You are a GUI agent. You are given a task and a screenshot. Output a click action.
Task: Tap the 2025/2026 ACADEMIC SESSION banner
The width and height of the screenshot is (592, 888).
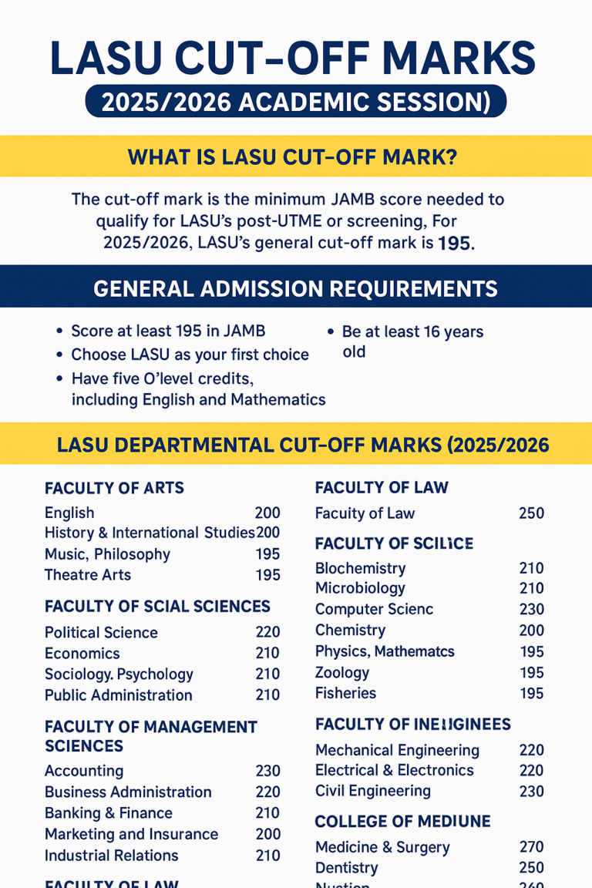coord(295,103)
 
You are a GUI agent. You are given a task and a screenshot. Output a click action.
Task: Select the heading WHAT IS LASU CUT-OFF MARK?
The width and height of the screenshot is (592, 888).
coord(292,157)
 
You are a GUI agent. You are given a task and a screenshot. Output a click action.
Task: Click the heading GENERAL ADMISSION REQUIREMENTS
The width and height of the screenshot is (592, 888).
coord(295,288)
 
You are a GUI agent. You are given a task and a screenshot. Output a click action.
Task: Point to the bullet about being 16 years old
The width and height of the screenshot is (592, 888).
coord(412,341)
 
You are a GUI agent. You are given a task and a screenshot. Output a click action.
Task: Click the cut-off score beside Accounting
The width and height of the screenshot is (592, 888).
coord(267,771)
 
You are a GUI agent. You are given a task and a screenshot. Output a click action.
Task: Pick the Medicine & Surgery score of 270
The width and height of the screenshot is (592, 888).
coord(532,847)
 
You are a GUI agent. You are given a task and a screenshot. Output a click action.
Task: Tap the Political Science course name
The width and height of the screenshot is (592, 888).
coord(101,633)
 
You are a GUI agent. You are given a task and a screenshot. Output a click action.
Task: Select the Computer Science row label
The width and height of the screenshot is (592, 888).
coord(374,609)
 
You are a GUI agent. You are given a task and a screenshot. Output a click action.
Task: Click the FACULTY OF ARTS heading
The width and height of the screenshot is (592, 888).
coord(114,488)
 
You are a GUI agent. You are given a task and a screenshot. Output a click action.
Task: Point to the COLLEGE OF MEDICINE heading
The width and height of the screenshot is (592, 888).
coord(402,820)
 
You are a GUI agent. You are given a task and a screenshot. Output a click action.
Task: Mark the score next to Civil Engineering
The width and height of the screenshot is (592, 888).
coord(532,791)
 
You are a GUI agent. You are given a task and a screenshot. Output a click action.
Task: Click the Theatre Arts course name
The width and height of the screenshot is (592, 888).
coord(88,575)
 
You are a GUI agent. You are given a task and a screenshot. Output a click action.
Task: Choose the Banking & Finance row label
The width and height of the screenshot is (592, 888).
coord(109,813)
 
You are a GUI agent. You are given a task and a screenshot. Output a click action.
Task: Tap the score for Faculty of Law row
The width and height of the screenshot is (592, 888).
coord(532,513)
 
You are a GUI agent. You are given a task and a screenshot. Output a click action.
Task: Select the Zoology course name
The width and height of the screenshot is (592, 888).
coord(342,672)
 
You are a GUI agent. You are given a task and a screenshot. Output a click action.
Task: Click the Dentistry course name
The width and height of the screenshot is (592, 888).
coord(347,868)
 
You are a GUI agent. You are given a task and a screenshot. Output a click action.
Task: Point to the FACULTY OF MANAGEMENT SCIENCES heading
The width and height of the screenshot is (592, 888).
coord(151,736)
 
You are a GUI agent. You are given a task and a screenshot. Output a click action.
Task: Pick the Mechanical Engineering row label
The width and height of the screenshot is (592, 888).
coord(397,750)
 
